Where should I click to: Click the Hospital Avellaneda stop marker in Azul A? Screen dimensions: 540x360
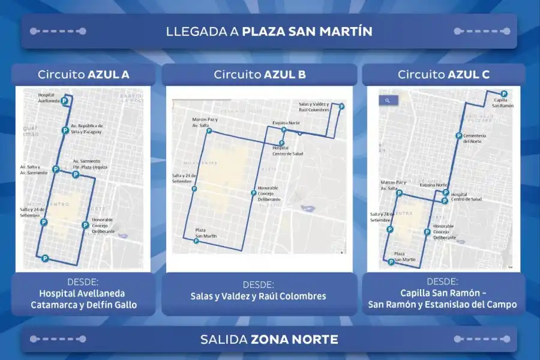click(64, 101)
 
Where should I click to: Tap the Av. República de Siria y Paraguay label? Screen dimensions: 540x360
click(86, 128)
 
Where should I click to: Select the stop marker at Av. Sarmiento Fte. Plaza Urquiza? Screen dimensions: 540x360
click(75, 175)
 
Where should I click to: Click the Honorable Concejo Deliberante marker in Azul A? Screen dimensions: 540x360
click(85, 225)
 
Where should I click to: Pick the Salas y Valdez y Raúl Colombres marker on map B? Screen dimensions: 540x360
click(341, 107)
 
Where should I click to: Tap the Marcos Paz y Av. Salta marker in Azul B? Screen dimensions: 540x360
click(209, 131)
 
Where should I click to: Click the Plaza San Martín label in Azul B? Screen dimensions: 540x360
click(205, 233)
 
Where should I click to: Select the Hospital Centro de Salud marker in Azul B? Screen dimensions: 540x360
click(281, 143)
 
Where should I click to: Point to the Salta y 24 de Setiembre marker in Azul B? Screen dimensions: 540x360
click(194, 189)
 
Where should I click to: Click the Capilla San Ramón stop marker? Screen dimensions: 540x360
click(504, 94)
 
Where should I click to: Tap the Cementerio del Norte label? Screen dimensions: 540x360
click(474, 139)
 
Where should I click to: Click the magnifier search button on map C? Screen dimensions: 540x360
click(388, 100)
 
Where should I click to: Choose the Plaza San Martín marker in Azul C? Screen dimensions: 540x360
click(391, 262)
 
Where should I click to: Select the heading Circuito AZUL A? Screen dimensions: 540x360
click(83, 74)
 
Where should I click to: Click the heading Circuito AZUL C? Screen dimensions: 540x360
click(443, 74)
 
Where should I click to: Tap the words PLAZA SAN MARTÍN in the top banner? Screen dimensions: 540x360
click(307, 31)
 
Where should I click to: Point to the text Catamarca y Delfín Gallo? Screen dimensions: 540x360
click(84, 305)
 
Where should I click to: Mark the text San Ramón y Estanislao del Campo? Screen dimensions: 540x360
click(443, 305)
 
